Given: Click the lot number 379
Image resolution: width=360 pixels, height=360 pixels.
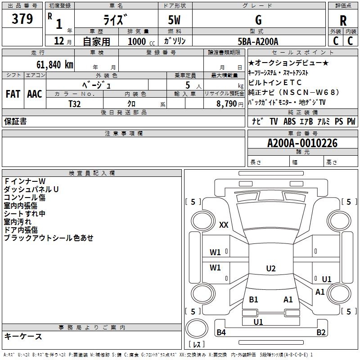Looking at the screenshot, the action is coord(22,19).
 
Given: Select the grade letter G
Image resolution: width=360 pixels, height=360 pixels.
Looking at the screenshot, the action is coord(258,20).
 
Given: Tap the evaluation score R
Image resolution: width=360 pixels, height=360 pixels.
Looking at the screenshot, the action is coord(343,20).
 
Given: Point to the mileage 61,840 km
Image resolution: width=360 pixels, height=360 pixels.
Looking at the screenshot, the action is coord(51,64).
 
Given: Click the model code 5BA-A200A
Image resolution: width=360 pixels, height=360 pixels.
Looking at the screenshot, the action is coord(258,41).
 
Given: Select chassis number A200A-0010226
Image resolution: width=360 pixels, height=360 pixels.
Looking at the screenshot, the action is coord(302,143).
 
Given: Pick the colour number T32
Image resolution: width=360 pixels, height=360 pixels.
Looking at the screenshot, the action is coord(75,103).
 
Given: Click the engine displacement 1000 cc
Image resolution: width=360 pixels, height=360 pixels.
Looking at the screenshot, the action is coord(139,42).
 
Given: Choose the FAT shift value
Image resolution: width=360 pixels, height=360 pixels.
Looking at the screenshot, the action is coord(13,94).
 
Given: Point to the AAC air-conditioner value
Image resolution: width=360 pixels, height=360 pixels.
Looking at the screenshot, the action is coord(34,94).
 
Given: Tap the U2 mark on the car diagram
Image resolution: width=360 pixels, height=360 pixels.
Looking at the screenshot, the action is coord(270,269).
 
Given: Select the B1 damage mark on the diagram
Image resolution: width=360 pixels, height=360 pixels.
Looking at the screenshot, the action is coord(253,299).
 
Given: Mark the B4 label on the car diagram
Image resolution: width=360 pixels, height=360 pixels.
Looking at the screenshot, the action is coord(221,333).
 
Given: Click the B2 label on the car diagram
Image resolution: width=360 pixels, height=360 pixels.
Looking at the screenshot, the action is coord(321,333).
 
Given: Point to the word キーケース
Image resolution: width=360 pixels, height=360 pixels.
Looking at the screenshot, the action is coord(23,336).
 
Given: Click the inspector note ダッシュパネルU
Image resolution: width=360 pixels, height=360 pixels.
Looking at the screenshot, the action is coord(31,189).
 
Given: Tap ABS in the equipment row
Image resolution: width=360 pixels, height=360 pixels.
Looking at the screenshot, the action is coord(289,121).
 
